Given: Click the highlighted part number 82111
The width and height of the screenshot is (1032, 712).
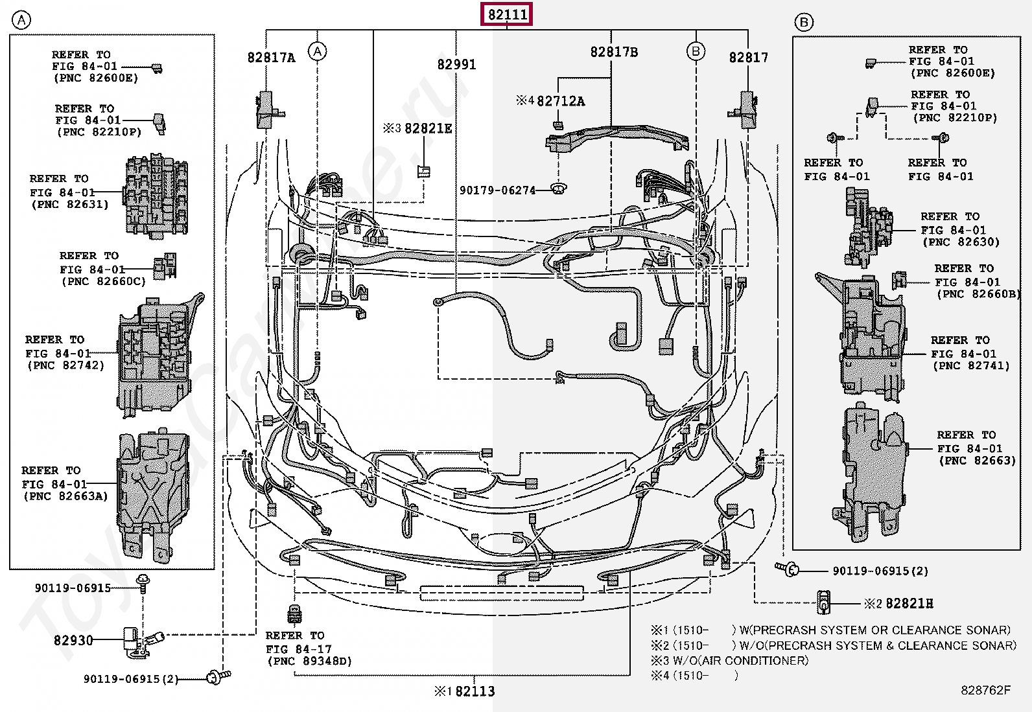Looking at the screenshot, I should (507, 14).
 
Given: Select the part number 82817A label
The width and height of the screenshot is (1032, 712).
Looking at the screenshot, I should (271, 58).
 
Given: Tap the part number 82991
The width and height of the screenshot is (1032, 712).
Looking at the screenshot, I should (456, 64).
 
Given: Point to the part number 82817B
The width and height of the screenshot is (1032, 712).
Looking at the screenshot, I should (613, 52).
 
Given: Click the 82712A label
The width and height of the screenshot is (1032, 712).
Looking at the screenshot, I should (560, 101).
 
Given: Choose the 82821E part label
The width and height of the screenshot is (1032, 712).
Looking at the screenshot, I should (428, 128).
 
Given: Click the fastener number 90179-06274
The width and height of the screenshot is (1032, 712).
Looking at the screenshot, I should (497, 190).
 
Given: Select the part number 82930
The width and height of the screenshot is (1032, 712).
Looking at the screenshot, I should (73, 640).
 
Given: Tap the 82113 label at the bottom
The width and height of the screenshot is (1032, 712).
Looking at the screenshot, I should (475, 691).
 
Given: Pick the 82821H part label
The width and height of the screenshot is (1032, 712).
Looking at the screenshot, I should (909, 604).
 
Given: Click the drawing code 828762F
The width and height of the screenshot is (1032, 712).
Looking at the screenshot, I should (985, 690).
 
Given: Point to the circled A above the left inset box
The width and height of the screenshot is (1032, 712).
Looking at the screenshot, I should (21, 21).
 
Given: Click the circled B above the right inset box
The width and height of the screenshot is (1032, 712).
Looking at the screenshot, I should (803, 23).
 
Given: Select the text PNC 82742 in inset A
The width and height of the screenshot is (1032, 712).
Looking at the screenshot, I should (65, 365).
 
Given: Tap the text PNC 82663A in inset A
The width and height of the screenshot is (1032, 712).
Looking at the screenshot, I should (65, 496).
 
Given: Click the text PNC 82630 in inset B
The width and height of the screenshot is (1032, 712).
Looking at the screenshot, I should (961, 242).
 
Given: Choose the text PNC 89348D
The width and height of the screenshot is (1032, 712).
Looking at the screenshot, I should (309, 661).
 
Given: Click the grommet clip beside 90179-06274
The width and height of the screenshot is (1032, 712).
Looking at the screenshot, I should (557, 188).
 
